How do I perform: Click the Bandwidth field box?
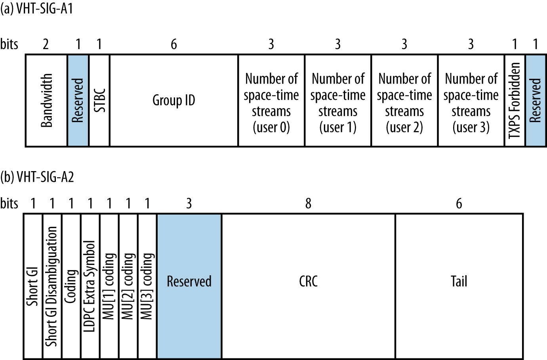[46, 100]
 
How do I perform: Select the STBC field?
[99, 100]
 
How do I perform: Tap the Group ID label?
[174, 101]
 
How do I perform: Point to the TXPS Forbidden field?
[515, 100]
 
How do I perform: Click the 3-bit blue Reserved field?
[189, 281]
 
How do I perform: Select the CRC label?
[308, 281]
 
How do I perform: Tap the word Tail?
[459, 281]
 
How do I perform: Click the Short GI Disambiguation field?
[52, 286]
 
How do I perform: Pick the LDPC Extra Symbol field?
[90, 286]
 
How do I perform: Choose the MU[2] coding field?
[128, 286]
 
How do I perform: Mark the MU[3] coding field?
[147, 286]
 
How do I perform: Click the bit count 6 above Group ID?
[173, 44]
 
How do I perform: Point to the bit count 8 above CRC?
[308, 204]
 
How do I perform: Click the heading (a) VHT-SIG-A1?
[37, 9]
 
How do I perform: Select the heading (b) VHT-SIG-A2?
[37, 177]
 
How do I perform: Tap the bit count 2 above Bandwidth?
[46, 44]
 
